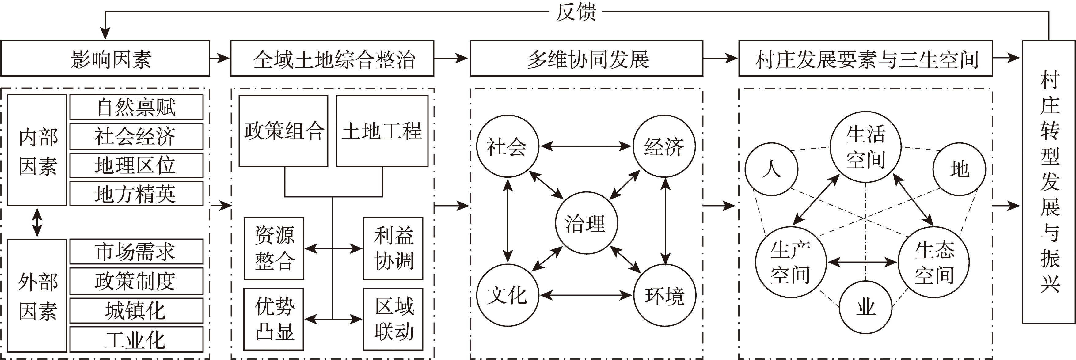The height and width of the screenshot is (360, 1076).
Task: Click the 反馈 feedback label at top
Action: tap(576, 12)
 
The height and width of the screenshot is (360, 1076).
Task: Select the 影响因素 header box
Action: tap(105, 59)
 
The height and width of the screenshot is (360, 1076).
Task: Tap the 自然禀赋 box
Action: tap(136, 107)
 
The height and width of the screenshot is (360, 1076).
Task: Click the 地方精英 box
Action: tap(136, 193)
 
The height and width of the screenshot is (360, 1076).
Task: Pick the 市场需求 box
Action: tap(136, 252)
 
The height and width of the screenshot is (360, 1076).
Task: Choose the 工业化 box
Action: tap(136, 339)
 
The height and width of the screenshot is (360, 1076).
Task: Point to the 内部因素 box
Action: tap(37, 150)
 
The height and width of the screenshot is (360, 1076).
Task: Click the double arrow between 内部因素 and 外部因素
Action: tap(37, 222)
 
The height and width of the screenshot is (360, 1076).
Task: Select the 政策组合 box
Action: tap(283, 131)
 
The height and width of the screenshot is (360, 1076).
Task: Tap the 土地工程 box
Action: tap(382, 131)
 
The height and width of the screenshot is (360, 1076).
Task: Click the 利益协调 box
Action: tap(393, 248)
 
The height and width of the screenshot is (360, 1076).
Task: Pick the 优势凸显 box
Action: tap(274, 319)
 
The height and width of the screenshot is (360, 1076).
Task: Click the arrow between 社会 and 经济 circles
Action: tap(586, 146)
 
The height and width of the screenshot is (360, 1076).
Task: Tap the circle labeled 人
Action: tap(771, 169)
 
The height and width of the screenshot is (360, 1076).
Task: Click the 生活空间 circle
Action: tap(865, 147)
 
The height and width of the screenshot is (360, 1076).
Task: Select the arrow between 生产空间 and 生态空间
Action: tap(862, 262)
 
